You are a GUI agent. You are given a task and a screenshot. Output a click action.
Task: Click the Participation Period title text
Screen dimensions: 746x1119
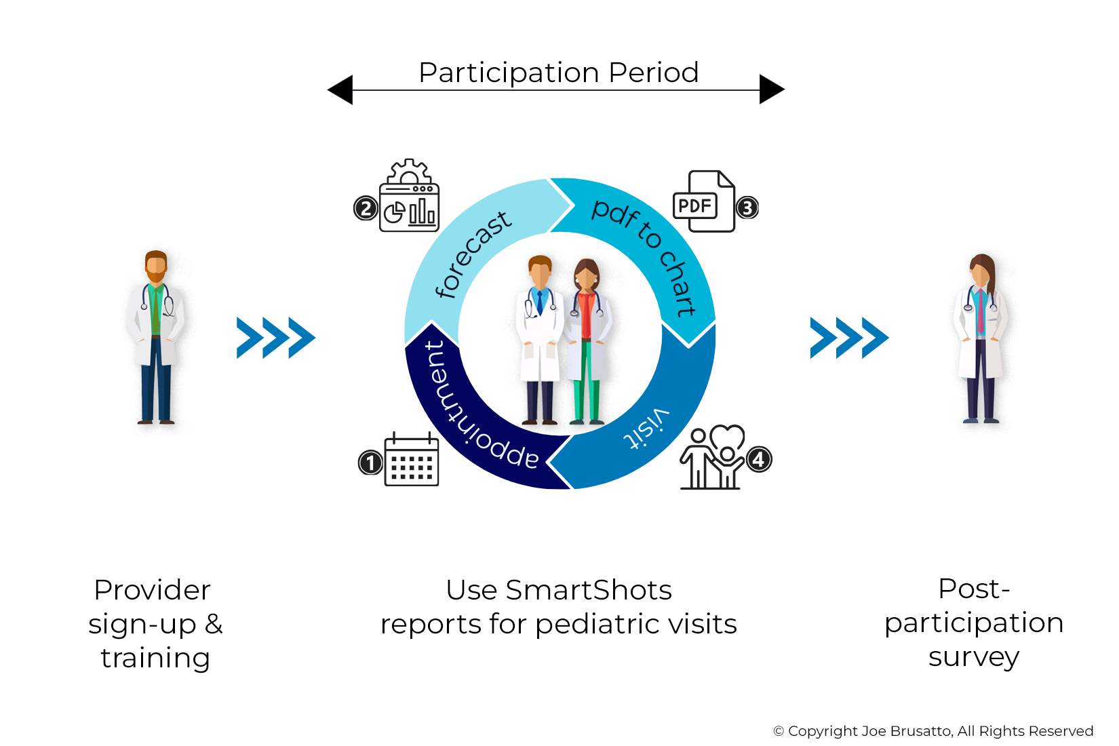[x=559, y=73]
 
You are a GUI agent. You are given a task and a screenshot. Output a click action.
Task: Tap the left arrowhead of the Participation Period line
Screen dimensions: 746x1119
[x=340, y=90]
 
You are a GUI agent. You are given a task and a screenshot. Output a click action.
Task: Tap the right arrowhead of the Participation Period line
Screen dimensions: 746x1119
[x=772, y=89]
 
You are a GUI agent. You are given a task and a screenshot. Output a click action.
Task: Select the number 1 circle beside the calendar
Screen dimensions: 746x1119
[x=370, y=463]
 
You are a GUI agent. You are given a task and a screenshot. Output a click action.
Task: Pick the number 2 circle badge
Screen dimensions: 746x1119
[x=366, y=208]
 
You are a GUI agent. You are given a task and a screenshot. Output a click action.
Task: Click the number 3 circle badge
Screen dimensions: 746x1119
[x=747, y=208]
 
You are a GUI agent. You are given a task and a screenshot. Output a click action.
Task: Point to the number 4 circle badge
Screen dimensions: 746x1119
[x=759, y=460]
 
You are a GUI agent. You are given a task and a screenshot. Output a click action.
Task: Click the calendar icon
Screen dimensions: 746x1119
[x=412, y=460]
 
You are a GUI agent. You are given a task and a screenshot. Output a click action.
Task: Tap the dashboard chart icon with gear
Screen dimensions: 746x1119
[x=409, y=196]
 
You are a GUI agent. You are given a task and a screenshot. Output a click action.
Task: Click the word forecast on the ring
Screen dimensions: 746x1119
[x=473, y=254]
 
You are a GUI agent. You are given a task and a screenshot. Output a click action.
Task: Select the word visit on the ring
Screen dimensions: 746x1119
[x=646, y=429]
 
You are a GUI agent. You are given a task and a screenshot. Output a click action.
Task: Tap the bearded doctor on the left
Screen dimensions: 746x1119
[x=156, y=337]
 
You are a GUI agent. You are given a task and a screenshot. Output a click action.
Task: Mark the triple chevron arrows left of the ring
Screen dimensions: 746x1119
[x=275, y=337]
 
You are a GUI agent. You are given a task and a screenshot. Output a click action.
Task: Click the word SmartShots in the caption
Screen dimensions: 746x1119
[x=588, y=590]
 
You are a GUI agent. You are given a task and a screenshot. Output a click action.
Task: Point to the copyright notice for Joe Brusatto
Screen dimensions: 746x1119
[x=933, y=731]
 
